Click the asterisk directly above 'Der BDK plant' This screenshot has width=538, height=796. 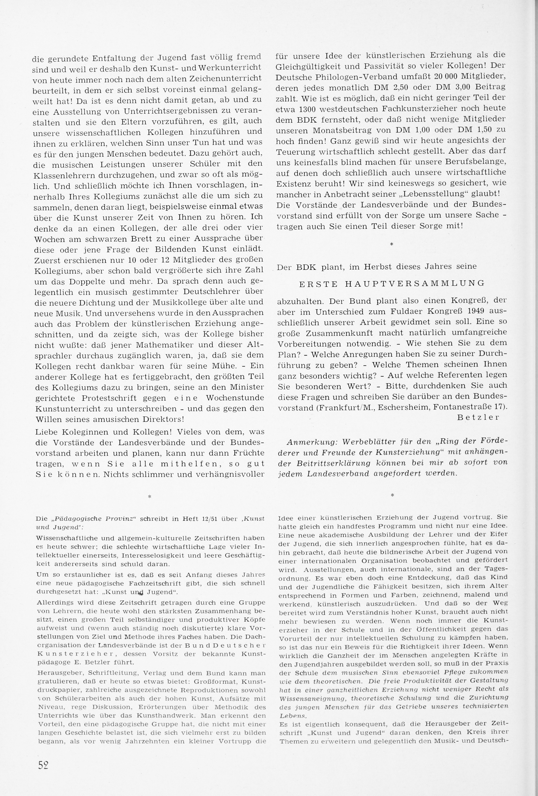[x=392, y=244]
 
